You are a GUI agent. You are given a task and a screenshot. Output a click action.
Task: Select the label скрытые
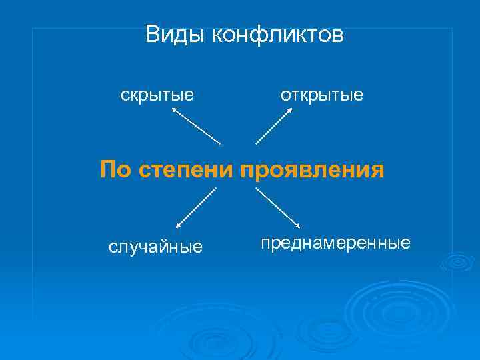157,95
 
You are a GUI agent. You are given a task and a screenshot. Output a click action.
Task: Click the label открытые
321,95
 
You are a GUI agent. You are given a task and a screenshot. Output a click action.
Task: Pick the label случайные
155,248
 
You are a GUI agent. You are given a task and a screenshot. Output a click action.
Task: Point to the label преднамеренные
335,243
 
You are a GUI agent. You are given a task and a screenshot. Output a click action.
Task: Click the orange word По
117,169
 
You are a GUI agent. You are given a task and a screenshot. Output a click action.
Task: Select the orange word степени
187,169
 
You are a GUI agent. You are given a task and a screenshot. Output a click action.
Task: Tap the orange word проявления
312,169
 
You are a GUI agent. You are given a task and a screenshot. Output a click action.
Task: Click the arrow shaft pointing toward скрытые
197,127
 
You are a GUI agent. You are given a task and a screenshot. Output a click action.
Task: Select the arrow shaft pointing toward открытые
273,127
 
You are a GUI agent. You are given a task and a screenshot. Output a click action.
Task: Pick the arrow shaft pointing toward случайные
197,208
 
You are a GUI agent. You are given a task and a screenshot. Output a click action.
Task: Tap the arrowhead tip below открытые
291,109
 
